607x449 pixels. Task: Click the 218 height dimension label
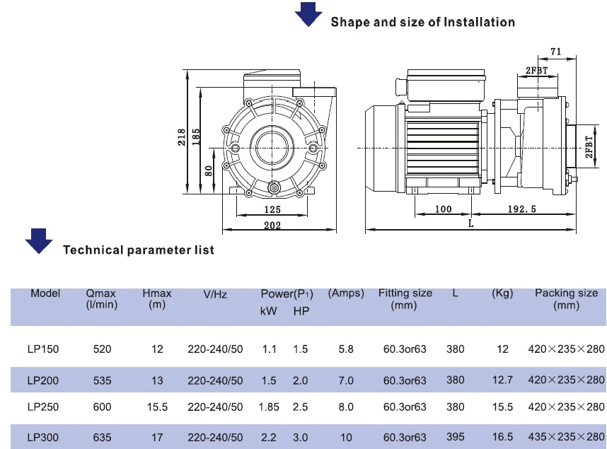182,137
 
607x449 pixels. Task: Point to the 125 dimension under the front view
272,209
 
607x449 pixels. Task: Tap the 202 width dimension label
272,226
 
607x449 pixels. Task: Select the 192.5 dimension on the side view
522,209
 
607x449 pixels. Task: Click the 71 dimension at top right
555,52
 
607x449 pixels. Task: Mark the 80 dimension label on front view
209,170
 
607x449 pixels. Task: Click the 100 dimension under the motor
444,209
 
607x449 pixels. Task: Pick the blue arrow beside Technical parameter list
39,240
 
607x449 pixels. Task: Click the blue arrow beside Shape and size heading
308,14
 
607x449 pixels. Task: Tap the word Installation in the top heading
479,22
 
